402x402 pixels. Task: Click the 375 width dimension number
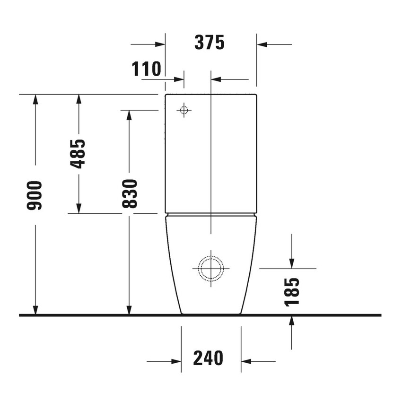[210, 43]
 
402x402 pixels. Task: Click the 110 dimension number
[146, 70]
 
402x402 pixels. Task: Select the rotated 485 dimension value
[78, 154]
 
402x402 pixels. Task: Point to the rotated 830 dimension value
[129, 194]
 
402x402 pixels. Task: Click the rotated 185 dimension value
[292, 292]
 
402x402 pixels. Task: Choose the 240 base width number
[208, 358]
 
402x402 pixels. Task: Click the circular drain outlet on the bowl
[210, 268]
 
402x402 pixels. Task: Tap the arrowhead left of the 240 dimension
[176, 362]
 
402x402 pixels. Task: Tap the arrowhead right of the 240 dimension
[245, 362]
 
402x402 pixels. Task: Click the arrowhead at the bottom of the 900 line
[35, 310]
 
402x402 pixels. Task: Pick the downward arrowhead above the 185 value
[292, 263]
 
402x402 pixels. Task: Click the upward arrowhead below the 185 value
[292, 320]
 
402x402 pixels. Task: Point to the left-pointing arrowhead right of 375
[262, 44]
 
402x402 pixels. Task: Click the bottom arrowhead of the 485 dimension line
[78, 209]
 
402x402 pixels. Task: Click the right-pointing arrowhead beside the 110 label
[179, 79]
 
